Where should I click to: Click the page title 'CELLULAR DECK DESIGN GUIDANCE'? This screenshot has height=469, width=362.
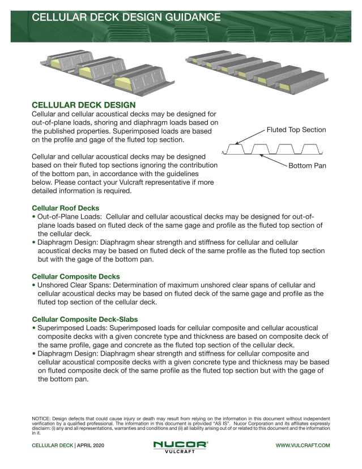click(x=126, y=17)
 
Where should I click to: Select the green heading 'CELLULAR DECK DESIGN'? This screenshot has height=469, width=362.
click(x=84, y=105)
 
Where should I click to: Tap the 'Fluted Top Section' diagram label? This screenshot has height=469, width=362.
click(x=296, y=130)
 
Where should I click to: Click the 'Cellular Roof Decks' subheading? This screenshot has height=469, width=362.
click(x=65, y=208)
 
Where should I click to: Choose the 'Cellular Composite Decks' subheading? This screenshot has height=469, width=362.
click(x=75, y=276)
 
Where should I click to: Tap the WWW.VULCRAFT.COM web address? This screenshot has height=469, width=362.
click(x=303, y=446)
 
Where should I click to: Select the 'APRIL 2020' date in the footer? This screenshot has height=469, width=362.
click(x=91, y=446)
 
